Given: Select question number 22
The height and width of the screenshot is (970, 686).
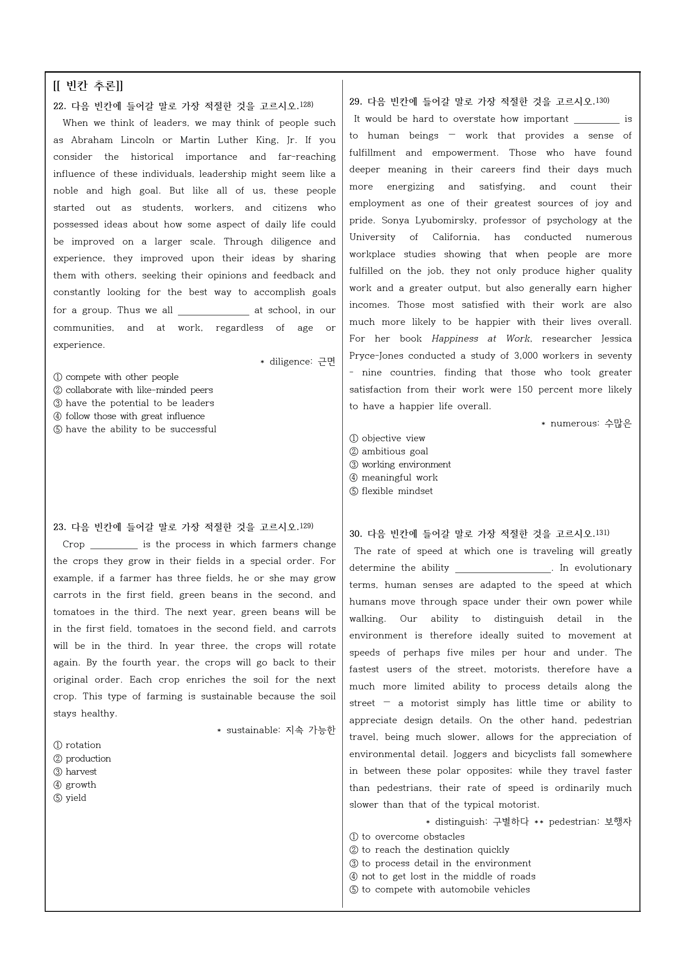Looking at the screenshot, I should coord(60,106).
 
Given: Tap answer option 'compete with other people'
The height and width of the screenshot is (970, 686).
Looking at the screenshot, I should coord(121,377).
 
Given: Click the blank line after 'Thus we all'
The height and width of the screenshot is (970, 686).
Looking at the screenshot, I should coord(213,311).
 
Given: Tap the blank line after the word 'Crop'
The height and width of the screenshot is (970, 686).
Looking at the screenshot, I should coord(114,545).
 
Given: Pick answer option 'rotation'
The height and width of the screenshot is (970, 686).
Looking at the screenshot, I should coord(83,745).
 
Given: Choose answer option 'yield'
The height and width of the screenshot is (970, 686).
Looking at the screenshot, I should coord(76,798).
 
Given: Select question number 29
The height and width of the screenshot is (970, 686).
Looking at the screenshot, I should coord(355,102).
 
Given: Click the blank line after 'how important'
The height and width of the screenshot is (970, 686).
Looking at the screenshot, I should coord(596,120).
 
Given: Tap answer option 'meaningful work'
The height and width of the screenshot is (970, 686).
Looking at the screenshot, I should coord(399,477).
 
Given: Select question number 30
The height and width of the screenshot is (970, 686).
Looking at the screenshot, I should coord(355,534).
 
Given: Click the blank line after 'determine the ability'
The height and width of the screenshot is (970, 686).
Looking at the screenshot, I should coord(503,568).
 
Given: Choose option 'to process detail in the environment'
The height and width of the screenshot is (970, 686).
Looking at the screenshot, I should coord(446,863).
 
